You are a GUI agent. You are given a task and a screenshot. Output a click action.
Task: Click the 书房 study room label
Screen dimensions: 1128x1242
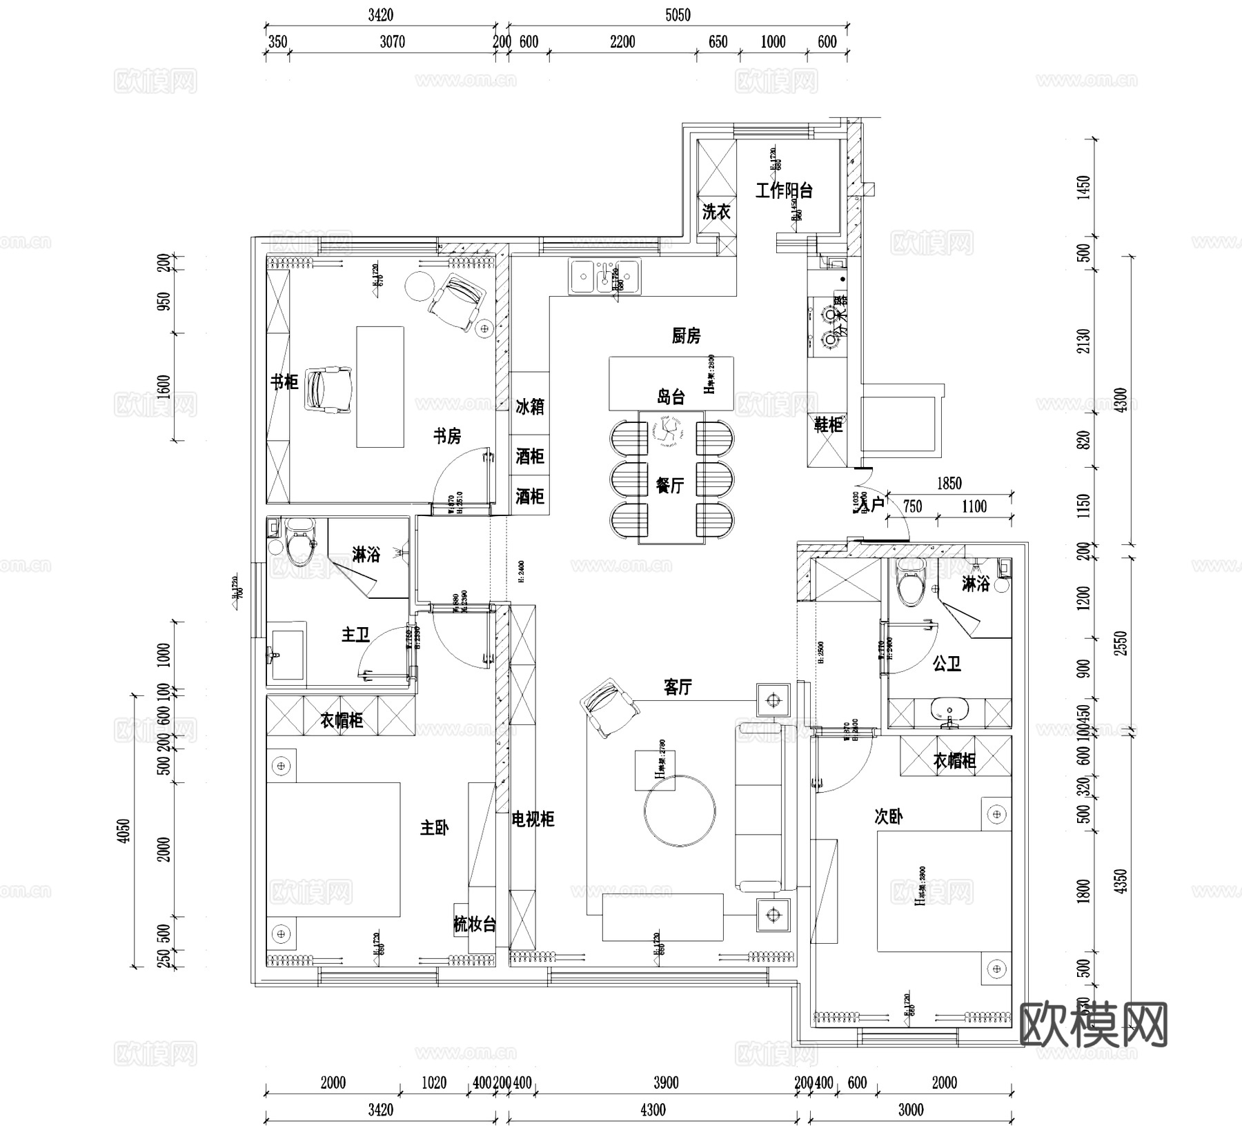point(447,436)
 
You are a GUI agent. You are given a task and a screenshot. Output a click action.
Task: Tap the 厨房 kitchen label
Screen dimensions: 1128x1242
point(686,336)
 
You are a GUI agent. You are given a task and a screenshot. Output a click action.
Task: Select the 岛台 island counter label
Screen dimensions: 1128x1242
point(670,397)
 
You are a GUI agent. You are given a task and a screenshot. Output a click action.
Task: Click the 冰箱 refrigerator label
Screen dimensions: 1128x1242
point(530,406)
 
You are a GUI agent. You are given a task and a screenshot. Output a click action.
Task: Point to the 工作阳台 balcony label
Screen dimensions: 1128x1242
point(784,190)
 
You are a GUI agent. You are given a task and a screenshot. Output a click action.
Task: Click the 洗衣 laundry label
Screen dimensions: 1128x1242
point(716,212)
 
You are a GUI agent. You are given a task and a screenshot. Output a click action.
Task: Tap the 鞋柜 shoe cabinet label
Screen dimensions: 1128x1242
point(828,425)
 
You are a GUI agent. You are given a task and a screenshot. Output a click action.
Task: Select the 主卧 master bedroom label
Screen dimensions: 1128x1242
point(434,828)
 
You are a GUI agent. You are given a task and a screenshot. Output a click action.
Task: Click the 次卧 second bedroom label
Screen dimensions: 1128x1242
point(888,817)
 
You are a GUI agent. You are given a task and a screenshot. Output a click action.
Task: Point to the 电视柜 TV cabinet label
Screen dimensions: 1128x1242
point(533,820)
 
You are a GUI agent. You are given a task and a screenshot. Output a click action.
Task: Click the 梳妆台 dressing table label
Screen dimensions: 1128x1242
point(475,924)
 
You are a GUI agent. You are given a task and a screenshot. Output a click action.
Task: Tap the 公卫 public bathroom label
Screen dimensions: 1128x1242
point(947,664)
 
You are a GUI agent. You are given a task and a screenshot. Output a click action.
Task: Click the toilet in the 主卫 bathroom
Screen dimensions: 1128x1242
point(299,543)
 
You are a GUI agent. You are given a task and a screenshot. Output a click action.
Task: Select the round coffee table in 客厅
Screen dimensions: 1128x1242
point(680,811)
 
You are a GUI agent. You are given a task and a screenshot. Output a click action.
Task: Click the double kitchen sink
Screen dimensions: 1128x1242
point(604,275)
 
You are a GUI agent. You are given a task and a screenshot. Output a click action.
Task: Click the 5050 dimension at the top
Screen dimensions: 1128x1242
point(678,15)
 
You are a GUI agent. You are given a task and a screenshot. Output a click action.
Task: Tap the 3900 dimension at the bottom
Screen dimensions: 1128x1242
point(666,1083)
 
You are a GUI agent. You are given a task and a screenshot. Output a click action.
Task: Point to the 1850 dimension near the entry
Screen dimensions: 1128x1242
point(949,484)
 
